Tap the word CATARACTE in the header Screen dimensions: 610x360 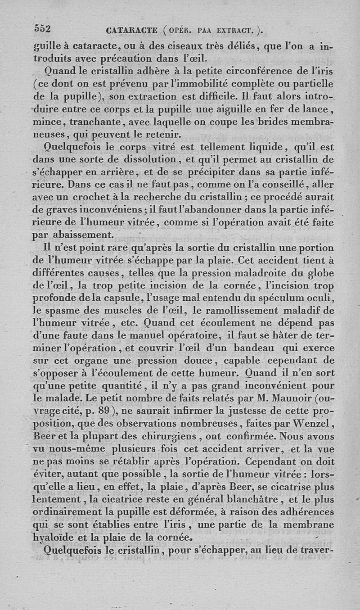[131, 31]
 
